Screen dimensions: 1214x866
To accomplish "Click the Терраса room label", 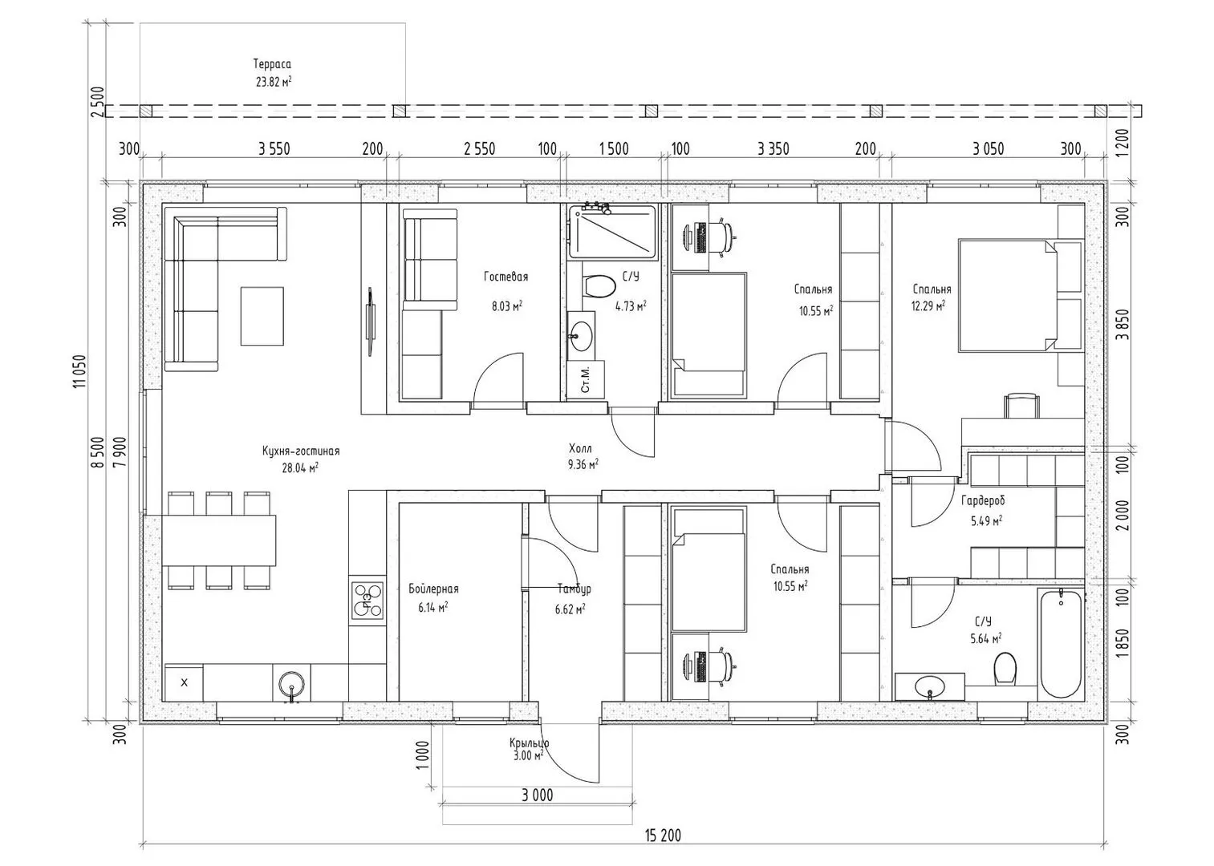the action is point(272,64).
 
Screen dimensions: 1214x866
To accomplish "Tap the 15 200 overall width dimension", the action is point(663,836).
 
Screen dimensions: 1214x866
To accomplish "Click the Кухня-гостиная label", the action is point(301,451).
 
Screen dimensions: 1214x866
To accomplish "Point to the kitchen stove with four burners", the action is point(367,600).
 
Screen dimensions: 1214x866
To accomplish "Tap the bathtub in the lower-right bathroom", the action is point(1062,643).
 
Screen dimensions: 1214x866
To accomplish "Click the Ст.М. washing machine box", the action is point(585,379).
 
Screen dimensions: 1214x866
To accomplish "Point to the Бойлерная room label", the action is point(433,589).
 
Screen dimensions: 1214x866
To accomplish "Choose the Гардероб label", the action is point(983,500).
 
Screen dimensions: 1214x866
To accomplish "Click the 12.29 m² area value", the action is point(928,306).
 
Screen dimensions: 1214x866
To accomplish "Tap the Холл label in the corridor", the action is point(580,448).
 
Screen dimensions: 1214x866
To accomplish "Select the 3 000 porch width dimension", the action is point(537,795).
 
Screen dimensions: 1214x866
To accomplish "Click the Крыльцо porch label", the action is point(529,743).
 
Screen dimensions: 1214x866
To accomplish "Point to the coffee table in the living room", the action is point(262,316).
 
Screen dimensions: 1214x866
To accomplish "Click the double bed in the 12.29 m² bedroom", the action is point(1007,295).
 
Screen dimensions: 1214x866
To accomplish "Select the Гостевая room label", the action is point(505,277).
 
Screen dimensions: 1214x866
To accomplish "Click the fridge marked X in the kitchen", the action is point(184,682).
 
